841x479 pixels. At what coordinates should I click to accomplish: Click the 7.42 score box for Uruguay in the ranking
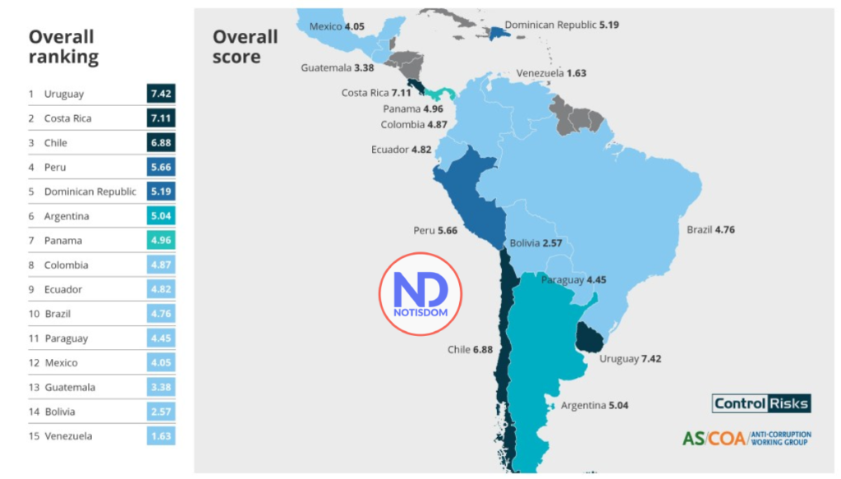click(x=161, y=94)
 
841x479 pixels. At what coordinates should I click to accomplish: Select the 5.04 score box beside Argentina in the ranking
click(x=161, y=216)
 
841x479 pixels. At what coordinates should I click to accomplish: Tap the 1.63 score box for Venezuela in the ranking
click(x=161, y=436)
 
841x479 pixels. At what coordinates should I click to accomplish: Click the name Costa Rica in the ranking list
click(x=67, y=118)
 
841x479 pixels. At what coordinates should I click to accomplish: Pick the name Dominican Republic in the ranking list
click(x=90, y=191)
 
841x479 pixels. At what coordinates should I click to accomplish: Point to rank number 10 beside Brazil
click(x=34, y=314)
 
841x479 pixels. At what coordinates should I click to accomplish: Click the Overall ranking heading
click(x=63, y=47)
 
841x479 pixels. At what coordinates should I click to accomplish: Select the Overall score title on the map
click(x=245, y=47)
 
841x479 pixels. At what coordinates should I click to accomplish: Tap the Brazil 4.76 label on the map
click(x=710, y=230)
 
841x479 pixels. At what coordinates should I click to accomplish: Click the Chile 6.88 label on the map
click(x=471, y=350)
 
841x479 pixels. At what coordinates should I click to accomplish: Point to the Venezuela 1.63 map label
click(x=551, y=73)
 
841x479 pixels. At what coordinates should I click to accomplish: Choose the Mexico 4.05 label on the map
click(x=336, y=26)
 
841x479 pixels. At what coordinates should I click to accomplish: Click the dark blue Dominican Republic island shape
click(x=495, y=33)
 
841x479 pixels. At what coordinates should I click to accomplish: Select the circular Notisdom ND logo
click(x=420, y=294)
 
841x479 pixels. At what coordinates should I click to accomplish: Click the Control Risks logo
click(x=761, y=403)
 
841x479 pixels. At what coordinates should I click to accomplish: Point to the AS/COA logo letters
click(x=714, y=438)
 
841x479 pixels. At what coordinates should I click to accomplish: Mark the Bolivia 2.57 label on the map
click(x=535, y=244)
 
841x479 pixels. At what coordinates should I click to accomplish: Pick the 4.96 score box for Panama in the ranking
click(x=161, y=241)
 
